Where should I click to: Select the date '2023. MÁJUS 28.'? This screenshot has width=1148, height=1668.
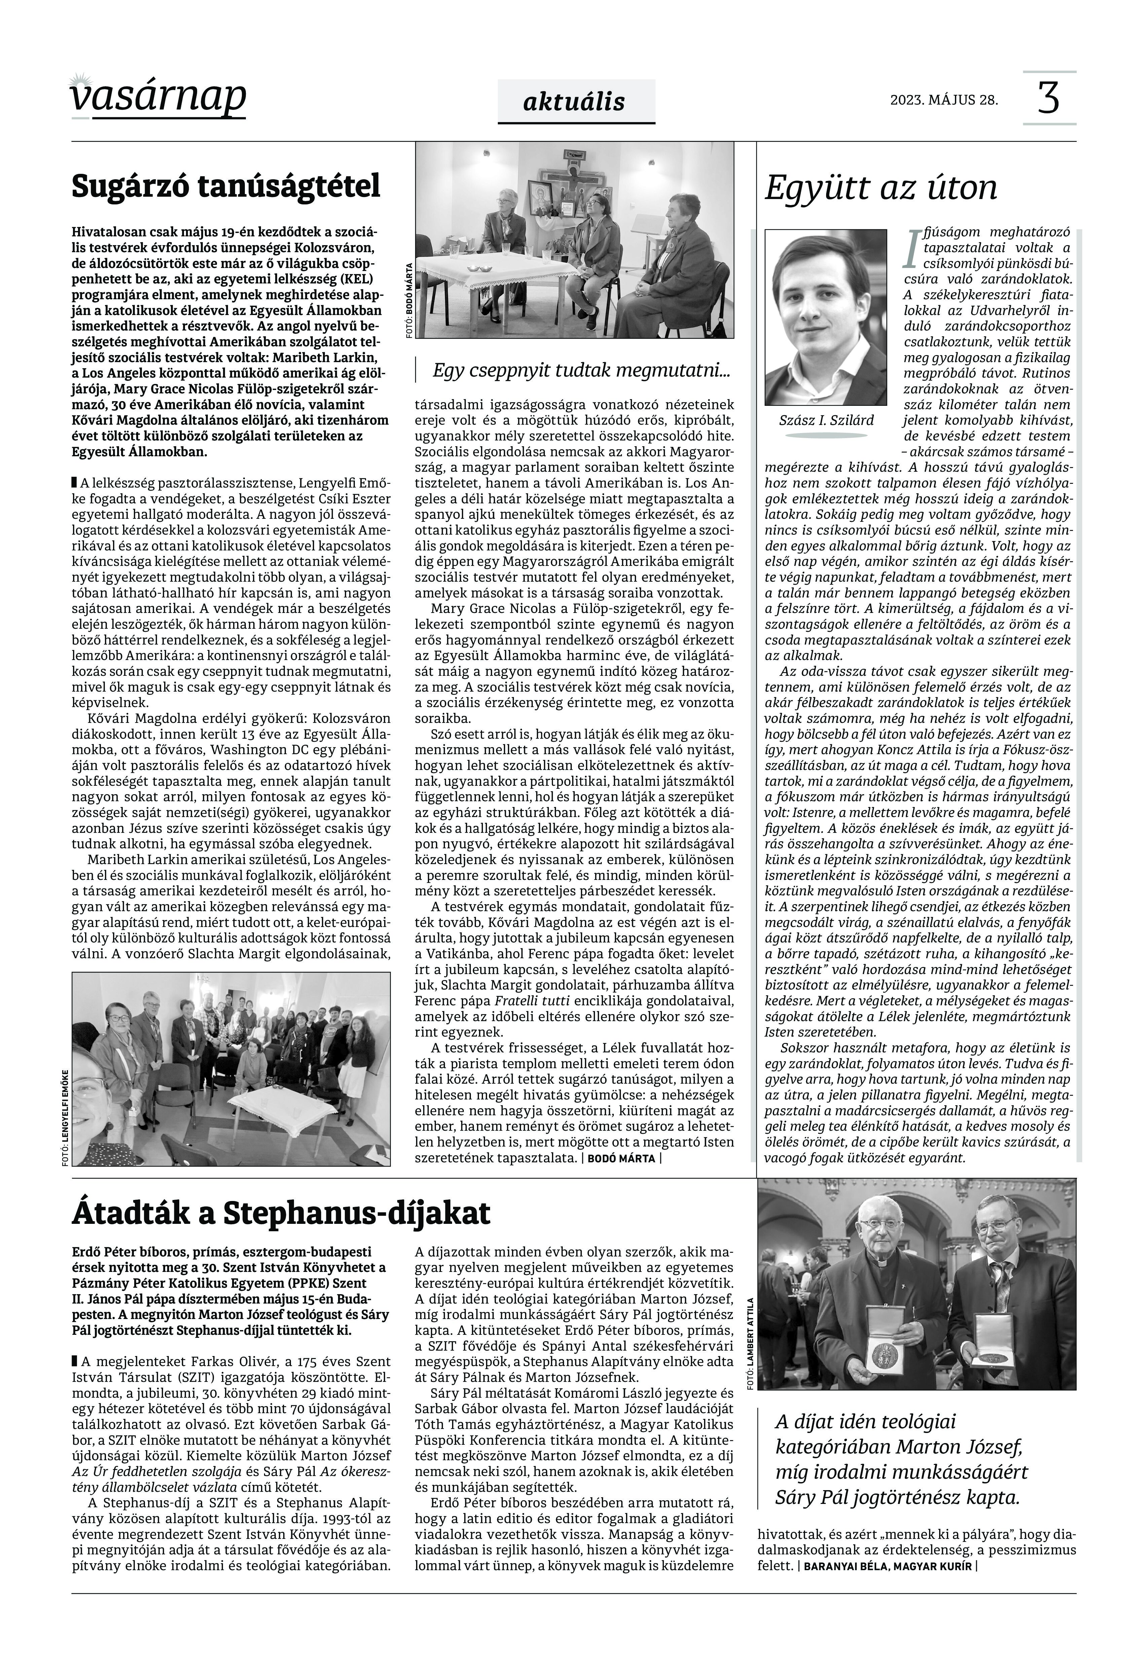pos(944,100)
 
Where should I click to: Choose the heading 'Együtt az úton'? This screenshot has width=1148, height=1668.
pos(880,188)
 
